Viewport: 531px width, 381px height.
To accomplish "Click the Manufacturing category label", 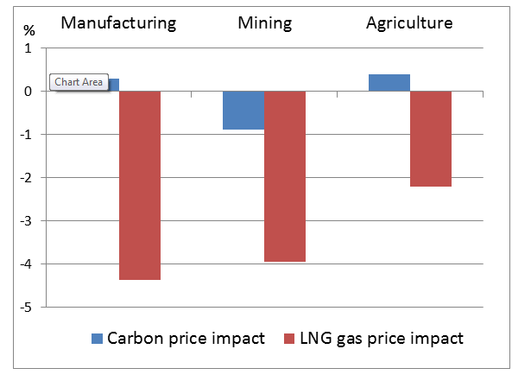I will pyautogui.click(x=118, y=23).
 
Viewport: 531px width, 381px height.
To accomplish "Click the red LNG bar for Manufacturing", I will pyautogui.click(x=140, y=185).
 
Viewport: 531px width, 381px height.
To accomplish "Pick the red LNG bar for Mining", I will pyautogui.click(x=285, y=176).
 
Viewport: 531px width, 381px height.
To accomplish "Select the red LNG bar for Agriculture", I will pyautogui.click(x=430, y=138).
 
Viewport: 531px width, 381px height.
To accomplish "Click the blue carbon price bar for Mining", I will pyautogui.click(x=243, y=110).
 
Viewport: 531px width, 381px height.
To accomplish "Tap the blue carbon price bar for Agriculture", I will pyautogui.click(x=389, y=83).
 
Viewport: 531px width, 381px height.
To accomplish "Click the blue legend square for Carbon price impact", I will pyautogui.click(x=97, y=338).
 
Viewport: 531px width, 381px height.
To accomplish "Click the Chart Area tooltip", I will pyautogui.click(x=79, y=83).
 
